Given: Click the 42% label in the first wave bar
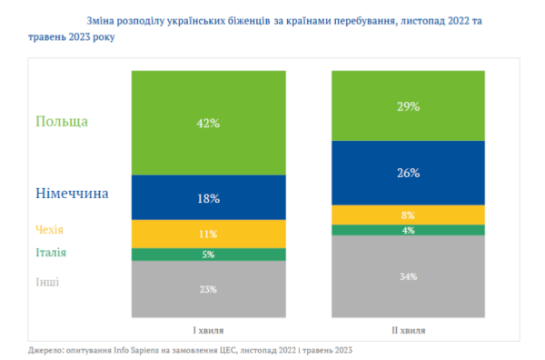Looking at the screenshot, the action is [x=208, y=123].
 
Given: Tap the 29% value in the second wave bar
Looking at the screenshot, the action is [x=409, y=106].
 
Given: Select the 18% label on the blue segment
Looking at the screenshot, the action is [x=209, y=198].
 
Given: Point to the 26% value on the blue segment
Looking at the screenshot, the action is [x=409, y=173].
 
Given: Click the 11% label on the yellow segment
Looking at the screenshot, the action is [x=208, y=234].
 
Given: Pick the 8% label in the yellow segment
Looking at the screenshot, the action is [x=408, y=215].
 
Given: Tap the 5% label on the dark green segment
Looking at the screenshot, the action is [x=208, y=255].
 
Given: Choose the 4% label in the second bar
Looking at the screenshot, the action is [x=409, y=230].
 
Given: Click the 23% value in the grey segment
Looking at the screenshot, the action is [x=208, y=289].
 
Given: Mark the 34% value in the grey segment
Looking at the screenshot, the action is [x=409, y=277].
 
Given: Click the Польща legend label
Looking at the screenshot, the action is [x=62, y=122].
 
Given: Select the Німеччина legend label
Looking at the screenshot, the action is [x=72, y=194].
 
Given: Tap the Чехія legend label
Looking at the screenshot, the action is [x=49, y=230].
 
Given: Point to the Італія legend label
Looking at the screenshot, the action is [x=51, y=252].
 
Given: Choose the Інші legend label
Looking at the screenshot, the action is [x=47, y=282].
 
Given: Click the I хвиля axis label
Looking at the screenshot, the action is [x=208, y=330].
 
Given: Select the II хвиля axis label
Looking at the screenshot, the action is [x=409, y=330].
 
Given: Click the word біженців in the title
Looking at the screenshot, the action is [x=249, y=21].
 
